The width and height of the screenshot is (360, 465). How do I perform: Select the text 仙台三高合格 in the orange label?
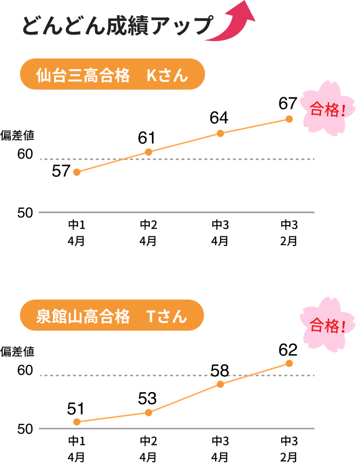click(x=83, y=75)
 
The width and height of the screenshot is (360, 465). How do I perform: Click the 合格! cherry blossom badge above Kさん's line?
click(x=327, y=109)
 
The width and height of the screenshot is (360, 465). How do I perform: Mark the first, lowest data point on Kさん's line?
click(x=77, y=172)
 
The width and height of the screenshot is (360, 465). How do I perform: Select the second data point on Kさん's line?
click(x=149, y=152)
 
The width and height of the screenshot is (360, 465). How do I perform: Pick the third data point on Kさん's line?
click(x=221, y=133)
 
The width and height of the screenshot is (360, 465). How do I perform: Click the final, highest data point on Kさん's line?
click(x=289, y=119)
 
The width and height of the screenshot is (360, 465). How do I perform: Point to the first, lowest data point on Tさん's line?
click(x=77, y=422)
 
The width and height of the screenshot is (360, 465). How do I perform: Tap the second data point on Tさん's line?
click(x=149, y=413)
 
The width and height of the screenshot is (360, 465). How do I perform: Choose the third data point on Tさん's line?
click(x=221, y=384)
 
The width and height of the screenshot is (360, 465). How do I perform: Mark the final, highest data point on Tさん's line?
click(x=289, y=363)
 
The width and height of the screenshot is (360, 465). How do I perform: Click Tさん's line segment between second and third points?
click(x=184, y=398)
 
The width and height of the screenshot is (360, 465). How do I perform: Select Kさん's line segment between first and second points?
click(x=112, y=162)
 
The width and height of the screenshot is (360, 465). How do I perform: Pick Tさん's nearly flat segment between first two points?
click(x=112, y=417)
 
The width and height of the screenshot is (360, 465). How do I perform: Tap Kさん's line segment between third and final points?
click(x=255, y=126)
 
